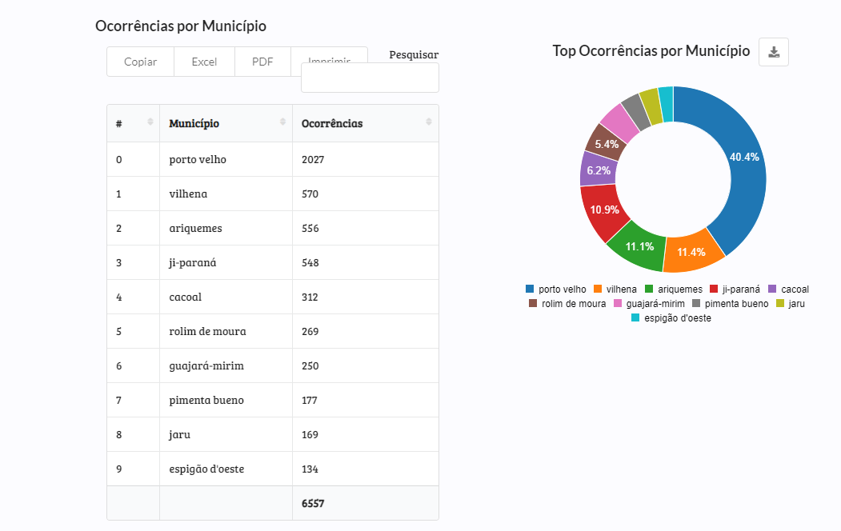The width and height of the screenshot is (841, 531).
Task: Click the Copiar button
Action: [x=140, y=62]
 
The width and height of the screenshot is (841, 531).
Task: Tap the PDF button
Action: [x=262, y=62]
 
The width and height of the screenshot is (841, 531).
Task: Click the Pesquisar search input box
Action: [x=370, y=78]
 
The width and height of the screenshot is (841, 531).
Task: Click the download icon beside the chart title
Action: [x=774, y=52]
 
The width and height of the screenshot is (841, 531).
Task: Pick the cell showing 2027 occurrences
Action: [x=313, y=159]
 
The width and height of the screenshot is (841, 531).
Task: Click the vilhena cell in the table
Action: [x=189, y=194]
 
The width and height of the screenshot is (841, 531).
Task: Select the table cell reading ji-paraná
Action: [x=193, y=262]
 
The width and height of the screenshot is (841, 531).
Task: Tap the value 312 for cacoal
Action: [x=310, y=297]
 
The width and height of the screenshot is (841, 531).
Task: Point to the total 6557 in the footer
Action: [x=313, y=503]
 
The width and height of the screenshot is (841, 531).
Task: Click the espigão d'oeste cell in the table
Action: [x=206, y=469]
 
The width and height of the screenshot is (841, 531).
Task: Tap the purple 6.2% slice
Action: [x=597, y=170]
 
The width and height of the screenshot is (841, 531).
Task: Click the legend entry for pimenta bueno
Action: [x=730, y=304]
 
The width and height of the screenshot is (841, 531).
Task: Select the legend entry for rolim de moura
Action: [x=567, y=304]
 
